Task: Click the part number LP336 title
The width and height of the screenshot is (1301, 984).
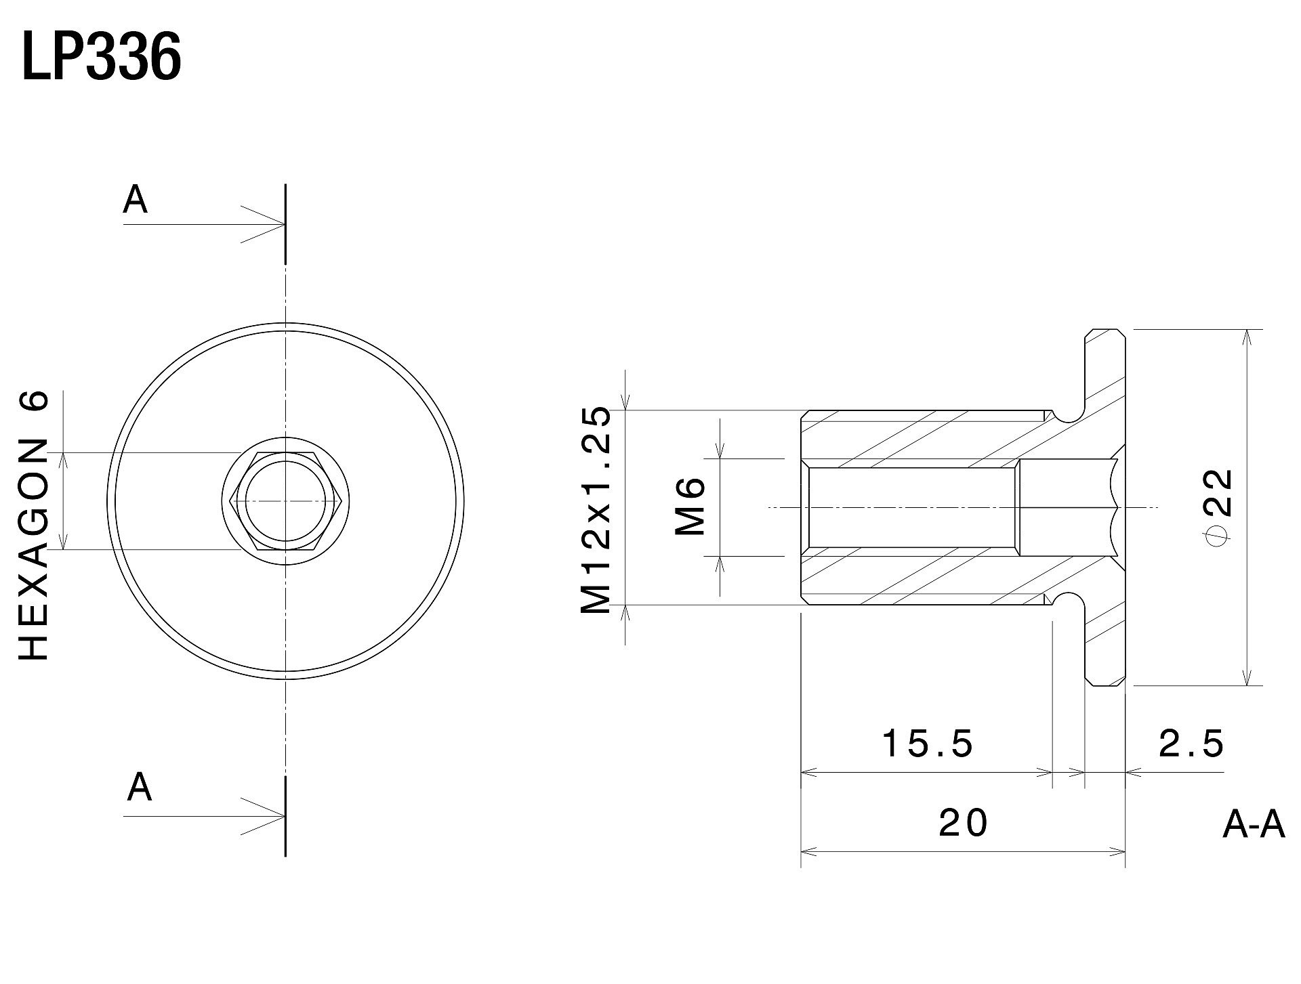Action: point(102,58)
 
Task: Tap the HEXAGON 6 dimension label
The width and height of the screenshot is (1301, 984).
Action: point(33,525)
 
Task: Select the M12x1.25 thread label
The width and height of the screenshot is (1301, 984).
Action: point(596,510)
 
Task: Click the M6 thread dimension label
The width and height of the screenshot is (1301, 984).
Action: point(690,507)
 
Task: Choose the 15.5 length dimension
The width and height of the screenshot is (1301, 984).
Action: point(928,744)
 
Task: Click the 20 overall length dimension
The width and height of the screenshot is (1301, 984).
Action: point(964,823)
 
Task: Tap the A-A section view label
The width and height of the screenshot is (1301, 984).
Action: point(1254,826)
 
